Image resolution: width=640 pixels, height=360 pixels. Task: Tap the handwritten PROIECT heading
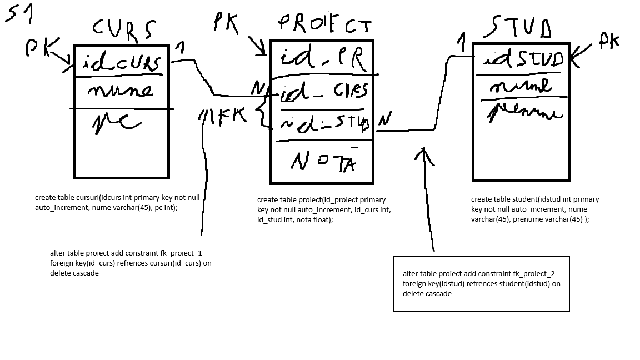tap(324, 23)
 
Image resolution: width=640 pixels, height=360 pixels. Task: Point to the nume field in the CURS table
tap(119, 89)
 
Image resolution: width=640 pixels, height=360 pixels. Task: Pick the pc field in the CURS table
tap(117, 123)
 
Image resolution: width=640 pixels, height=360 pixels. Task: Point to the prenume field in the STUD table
tap(526, 113)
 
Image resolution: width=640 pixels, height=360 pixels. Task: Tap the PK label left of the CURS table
tap(39, 49)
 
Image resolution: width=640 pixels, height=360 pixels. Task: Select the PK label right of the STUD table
tap(608, 40)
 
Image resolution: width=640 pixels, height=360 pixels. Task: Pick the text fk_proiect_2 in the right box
tap(534, 273)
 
